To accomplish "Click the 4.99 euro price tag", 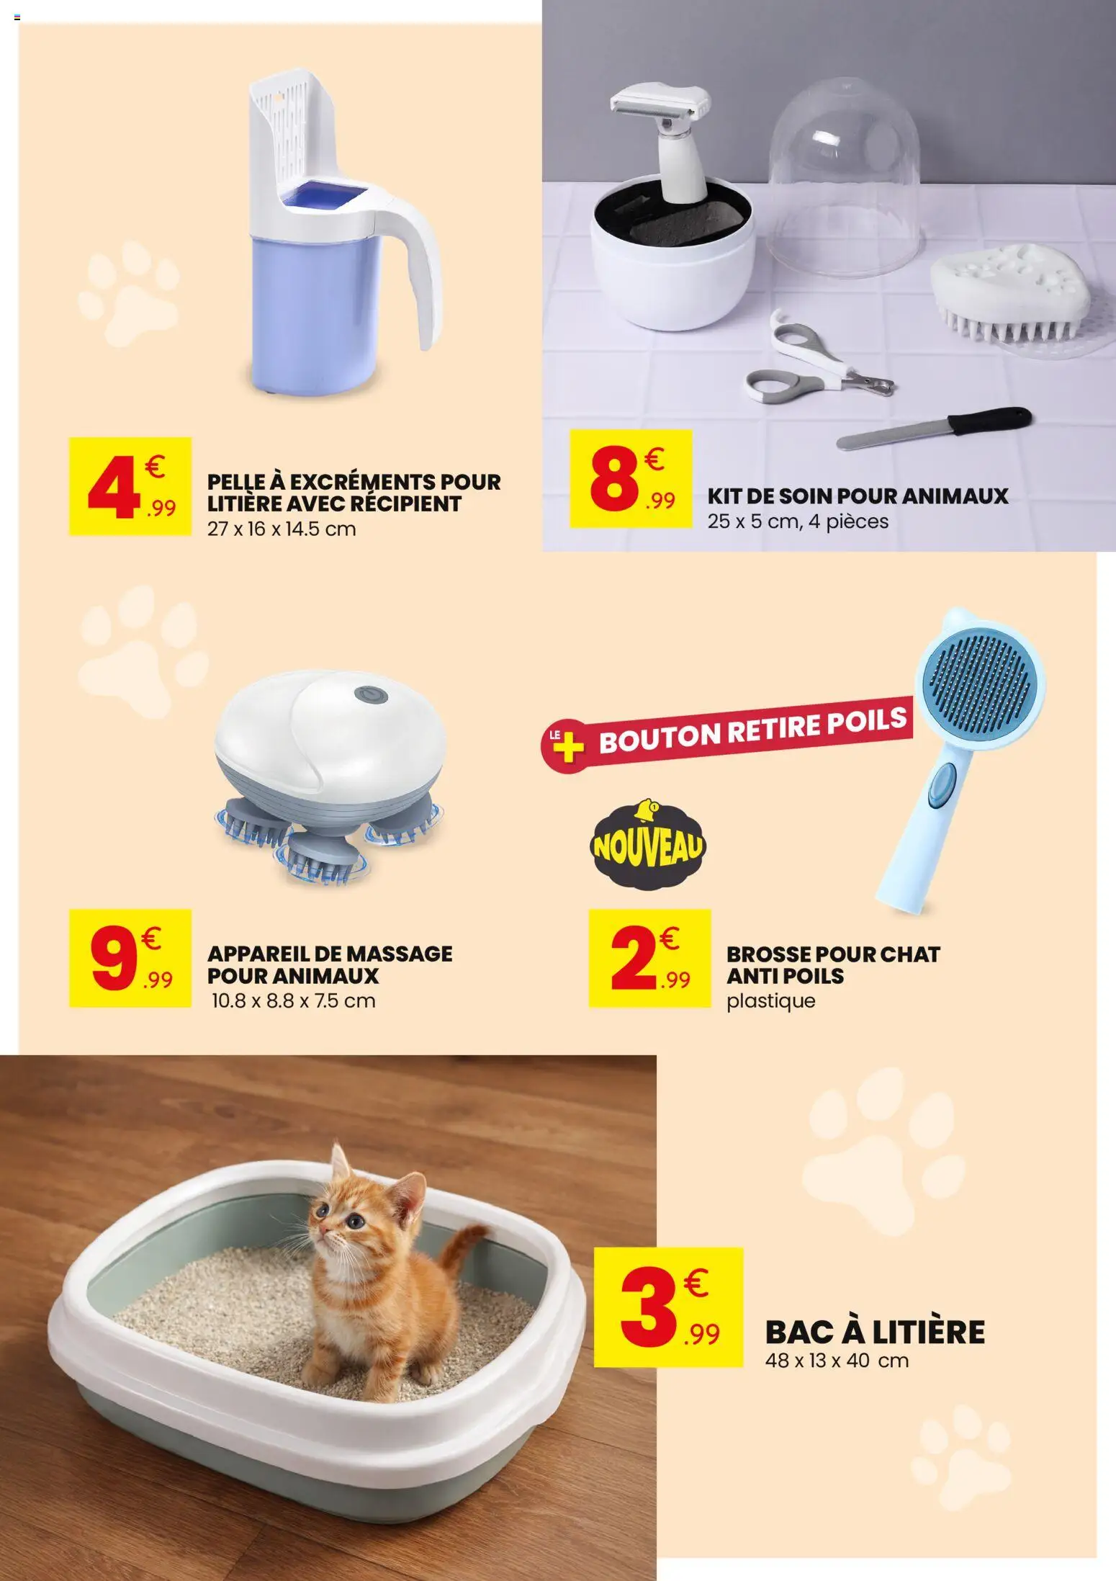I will [x=130, y=486].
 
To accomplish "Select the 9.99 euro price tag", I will [x=130, y=957].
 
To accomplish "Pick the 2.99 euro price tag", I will [x=649, y=957].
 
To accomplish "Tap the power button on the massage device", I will [x=371, y=695].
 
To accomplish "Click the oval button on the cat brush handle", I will [x=940, y=784].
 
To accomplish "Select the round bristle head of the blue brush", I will [x=980, y=676].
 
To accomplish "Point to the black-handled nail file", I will [x=936, y=429].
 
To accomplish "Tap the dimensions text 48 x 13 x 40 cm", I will [x=837, y=1361].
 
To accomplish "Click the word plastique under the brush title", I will [x=770, y=1001].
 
